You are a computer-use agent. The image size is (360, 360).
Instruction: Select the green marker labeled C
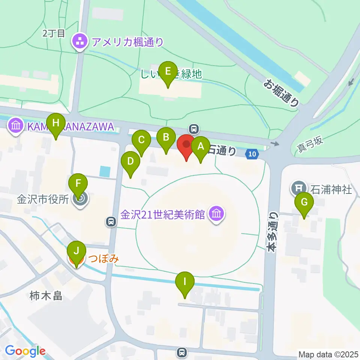pyautogui.click(x=141, y=140)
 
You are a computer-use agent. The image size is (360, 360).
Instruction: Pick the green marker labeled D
pyautogui.click(x=130, y=162)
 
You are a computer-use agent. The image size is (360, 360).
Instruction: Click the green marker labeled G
pyautogui.click(x=304, y=202)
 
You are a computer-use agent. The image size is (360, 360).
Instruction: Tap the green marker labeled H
pyautogui.click(x=56, y=123)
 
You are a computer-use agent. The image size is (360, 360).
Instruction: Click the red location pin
pyautogui.click(x=186, y=145)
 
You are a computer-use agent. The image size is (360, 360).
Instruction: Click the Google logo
pyautogui.click(x=25, y=351)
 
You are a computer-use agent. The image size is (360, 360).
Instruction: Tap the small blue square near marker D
pyautogui.click(x=105, y=172)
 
